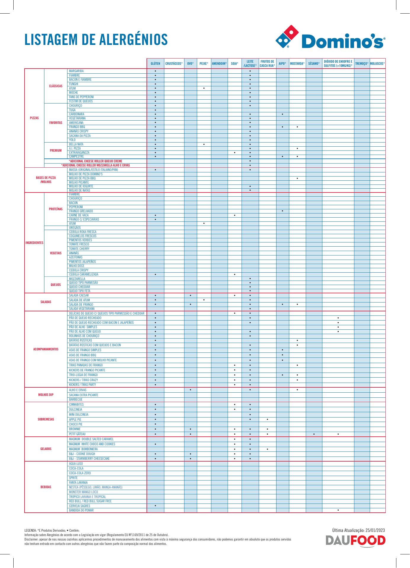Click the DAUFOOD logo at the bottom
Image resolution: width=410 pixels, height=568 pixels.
tap(356, 541)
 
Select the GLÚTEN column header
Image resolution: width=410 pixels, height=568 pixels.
tap(155, 64)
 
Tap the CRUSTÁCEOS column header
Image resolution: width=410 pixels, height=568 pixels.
tap(174, 64)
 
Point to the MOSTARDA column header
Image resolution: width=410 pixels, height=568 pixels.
tap(297, 64)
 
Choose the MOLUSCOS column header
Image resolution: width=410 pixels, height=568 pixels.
tap(377, 64)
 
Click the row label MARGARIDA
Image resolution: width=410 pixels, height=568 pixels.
tap(76, 71)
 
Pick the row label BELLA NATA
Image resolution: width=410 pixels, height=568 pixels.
tap(76, 144)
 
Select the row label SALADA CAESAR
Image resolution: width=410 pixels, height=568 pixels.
tap(79, 295)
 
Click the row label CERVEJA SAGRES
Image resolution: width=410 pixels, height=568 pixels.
tap(80, 506)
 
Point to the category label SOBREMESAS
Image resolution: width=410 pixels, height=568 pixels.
tap(46, 419)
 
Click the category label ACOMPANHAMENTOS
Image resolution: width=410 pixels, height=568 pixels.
tap(46, 349)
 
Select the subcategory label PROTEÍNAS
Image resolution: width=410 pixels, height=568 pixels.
tap(56, 209)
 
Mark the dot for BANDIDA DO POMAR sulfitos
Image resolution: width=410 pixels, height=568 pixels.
tap(338, 510)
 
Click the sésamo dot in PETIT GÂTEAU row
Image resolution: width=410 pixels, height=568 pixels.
tap(314, 434)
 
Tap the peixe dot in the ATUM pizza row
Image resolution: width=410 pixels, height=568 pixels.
tap(204, 88)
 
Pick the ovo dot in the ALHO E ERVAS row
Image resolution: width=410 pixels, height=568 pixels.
tap(191, 390)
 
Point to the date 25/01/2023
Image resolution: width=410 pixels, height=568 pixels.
tap(375, 530)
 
